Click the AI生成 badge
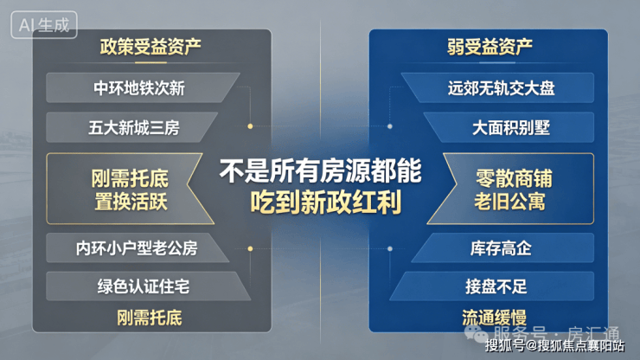44,25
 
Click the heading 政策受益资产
150,47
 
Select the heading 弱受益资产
490,47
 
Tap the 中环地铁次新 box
143,88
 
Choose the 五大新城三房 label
134,128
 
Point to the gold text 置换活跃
131,202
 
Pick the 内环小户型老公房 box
138,247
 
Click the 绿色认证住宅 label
144,286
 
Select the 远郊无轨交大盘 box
497,88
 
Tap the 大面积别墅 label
511,128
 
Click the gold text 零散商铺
514,178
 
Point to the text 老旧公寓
509,202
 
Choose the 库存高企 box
502,247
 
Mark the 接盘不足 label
496,286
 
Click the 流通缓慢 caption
494,318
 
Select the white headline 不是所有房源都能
320,171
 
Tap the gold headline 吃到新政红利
326,202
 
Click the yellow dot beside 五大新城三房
250,126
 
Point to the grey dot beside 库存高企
390,248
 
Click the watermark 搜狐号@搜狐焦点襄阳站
554,346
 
